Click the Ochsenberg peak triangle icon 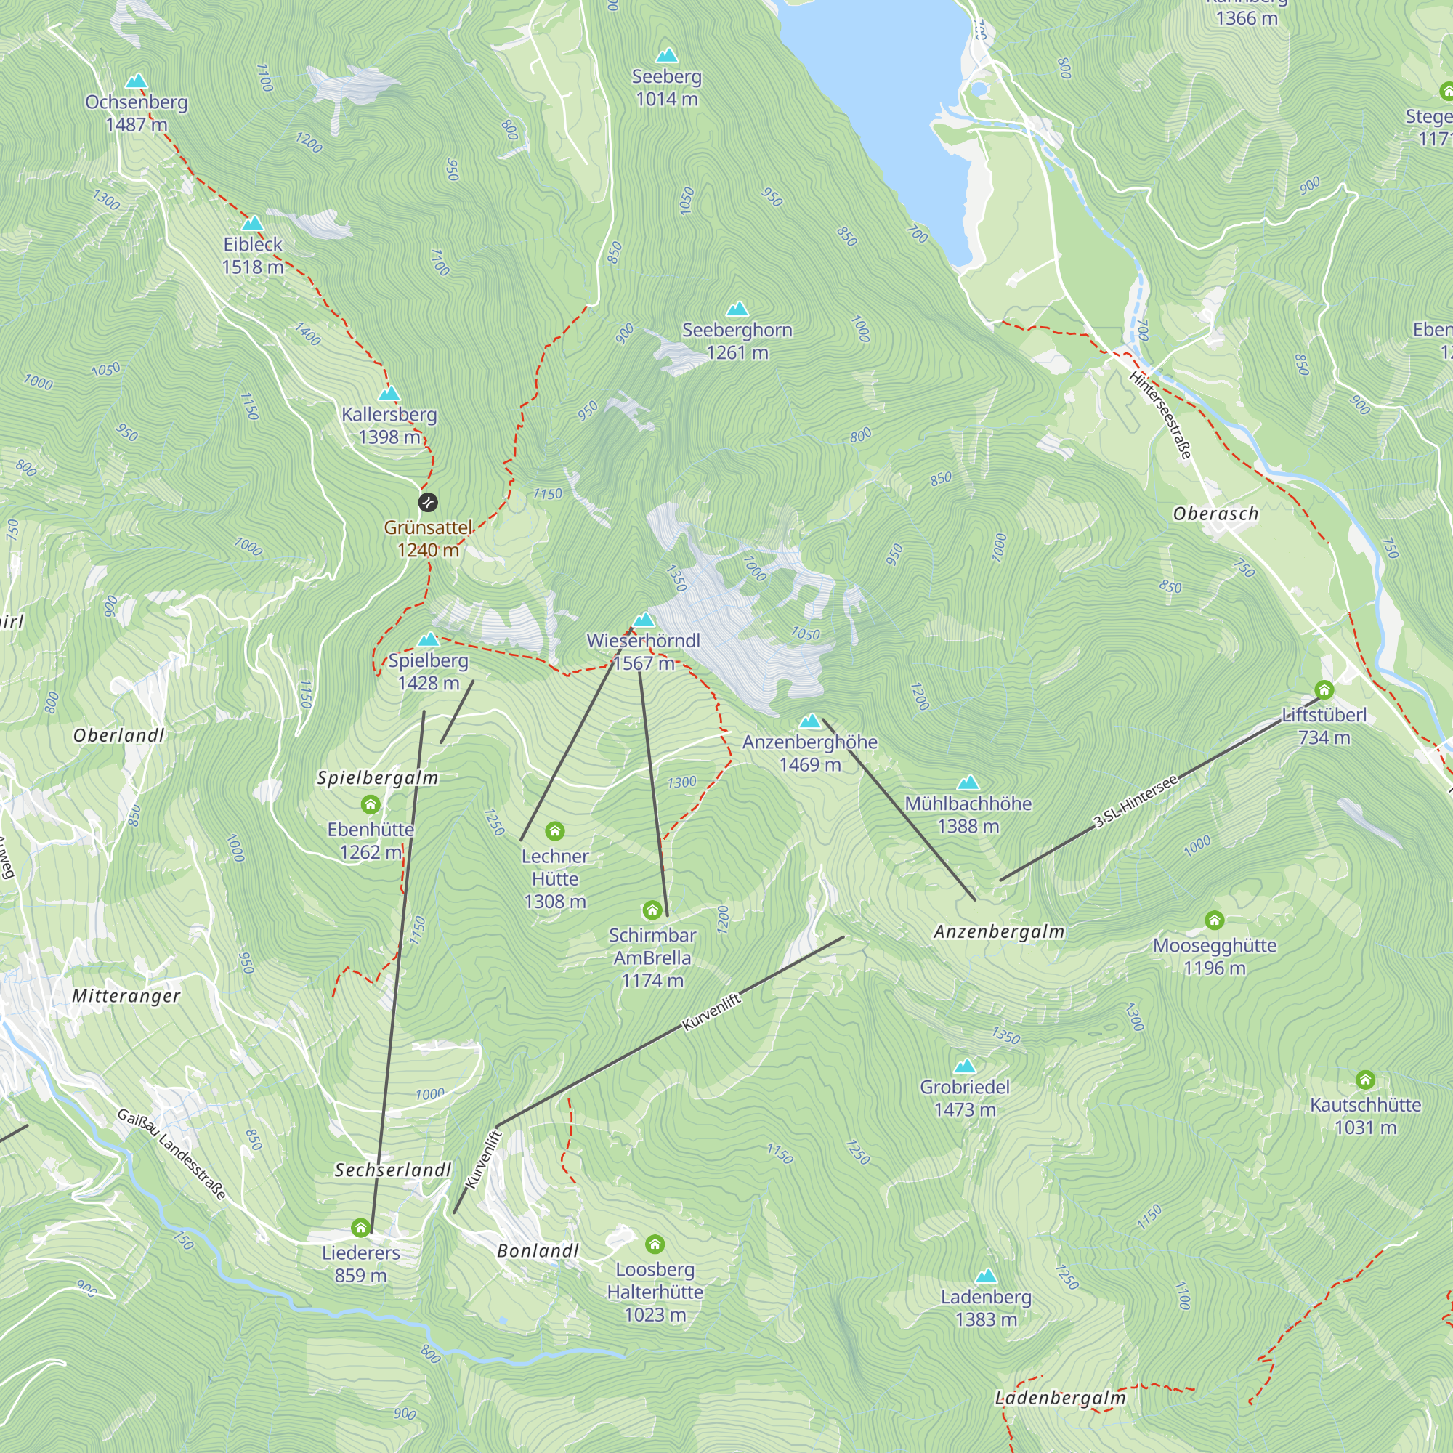coord(136,81)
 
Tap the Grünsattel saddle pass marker coord(428,501)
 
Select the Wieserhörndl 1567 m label coord(643,651)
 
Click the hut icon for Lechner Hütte coord(555,831)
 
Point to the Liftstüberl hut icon coord(1324,689)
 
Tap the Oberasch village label coord(1215,514)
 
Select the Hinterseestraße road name coord(1160,414)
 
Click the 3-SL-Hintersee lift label coord(1136,802)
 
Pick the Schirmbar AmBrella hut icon coord(653,911)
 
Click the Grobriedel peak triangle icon coord(965,1066)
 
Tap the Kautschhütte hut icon coord(1366,1081)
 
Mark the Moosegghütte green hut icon coord(1215,920)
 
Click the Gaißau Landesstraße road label coord(171,1154)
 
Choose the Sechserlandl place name coord(392,1170)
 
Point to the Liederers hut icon coord(361,1228)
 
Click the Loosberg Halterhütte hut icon coord(655,1244)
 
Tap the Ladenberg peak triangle coord(986,1276)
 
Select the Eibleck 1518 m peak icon coord(253,222)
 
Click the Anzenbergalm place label coord(999,932)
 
